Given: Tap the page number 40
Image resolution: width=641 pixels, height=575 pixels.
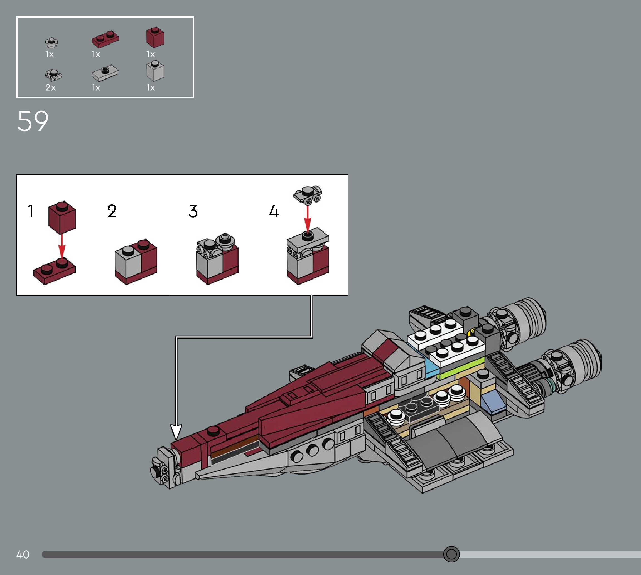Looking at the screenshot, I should [23, 554].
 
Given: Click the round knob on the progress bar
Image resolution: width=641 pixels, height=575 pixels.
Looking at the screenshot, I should [451, 554].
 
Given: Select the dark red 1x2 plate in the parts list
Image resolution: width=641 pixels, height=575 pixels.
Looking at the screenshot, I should [105, 39].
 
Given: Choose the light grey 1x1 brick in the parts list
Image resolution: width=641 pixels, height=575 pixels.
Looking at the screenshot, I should [155, 71].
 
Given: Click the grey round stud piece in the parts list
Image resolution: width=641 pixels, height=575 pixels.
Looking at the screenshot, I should [51, 42].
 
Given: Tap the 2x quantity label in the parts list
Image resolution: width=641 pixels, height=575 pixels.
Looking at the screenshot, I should [50, 88].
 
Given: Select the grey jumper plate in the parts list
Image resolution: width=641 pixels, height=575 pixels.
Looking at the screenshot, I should [105, 73].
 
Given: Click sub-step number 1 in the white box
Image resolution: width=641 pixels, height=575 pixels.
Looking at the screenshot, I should [30, 211].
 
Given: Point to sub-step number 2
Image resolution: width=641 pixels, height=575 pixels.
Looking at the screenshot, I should [112, 211].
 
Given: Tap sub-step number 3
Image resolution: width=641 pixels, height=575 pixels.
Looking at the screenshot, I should [193, 211].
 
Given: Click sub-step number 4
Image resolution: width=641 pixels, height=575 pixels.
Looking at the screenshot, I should [274, 211].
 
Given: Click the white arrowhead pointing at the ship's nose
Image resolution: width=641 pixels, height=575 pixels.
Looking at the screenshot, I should [176, 431].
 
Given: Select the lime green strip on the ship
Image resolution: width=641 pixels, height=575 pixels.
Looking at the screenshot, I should [461, 367].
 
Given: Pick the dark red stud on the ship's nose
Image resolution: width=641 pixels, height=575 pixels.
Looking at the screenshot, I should [213, 430].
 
